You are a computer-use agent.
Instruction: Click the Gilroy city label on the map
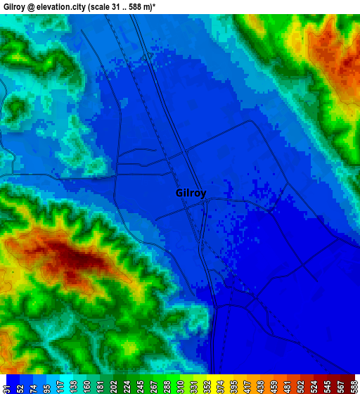[191, 193]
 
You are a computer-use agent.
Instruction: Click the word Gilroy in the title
[16, 6]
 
